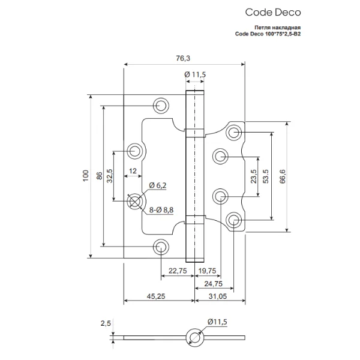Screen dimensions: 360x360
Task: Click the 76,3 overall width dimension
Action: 184,58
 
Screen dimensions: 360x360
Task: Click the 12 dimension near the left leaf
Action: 133,171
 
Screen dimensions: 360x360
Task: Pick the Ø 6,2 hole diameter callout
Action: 158,184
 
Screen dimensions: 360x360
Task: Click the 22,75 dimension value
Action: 177,271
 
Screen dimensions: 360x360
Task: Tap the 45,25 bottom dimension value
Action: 158,295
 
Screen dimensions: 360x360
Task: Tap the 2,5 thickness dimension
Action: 106,324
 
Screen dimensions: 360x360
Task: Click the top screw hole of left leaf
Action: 160,105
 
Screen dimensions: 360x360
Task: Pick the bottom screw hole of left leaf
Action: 160,246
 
